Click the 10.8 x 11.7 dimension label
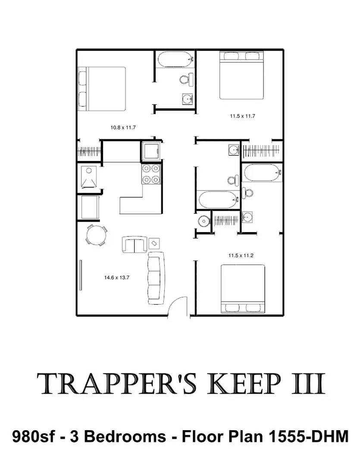point(123,127)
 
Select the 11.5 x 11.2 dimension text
point(241,255)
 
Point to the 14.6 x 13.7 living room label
point(116,277)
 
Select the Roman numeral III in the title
point(308,384)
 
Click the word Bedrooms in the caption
point(125,437)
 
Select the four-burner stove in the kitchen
point(151,174)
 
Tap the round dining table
point(96,236)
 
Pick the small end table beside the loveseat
point(154,243)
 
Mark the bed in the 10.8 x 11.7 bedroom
point(102,88)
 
